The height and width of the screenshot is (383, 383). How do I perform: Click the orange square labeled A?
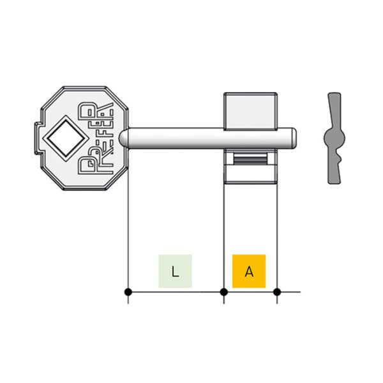coord(249,271)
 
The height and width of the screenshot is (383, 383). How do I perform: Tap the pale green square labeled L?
coord(175,271)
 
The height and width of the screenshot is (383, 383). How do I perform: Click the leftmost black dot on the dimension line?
coord(128,292)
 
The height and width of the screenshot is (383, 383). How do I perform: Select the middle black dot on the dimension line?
coord(224,292)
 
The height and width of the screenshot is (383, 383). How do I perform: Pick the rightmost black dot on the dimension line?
coord(277,292)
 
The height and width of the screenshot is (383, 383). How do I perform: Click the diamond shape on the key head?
coord(66,139)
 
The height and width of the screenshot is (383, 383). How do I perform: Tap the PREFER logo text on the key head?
coord(96,139)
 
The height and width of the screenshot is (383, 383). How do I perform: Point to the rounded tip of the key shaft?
coord(294,138)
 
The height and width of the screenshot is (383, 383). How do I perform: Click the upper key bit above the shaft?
coord(251,110)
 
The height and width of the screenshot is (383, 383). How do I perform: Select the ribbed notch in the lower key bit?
coord(251,159)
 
